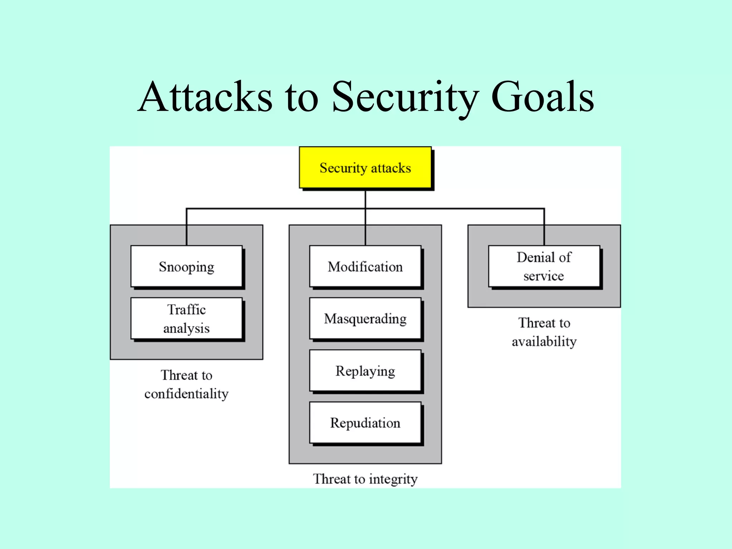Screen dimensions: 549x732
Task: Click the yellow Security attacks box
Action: point(365,167)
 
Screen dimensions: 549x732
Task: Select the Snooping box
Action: point(186,266)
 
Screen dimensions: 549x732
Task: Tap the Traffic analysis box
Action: point(186,318)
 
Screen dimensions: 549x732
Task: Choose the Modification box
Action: point(365,266)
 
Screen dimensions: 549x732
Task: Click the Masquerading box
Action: point(365,318)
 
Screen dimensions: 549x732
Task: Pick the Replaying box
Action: point(365,371)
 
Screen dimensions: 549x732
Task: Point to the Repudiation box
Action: point(365,423)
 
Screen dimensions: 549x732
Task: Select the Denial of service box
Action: point(544,266)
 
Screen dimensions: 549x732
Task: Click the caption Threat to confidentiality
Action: point(186,384)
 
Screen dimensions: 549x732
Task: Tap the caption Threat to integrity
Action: point(365,479)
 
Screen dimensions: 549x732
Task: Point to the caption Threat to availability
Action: point(544,332)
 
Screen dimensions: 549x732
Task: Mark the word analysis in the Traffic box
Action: point(186,328)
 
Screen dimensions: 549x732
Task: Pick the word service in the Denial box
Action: point(544,276)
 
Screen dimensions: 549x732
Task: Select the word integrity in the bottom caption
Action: point(393,479)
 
